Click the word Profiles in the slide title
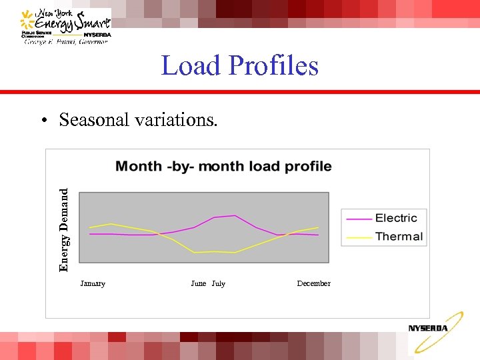coord(273,66)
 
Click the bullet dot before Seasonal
coord(43,121)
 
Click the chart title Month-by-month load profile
coord(223,166)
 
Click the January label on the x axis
coord(93,283)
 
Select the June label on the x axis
coord(199,283)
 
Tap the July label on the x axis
coord(219,283)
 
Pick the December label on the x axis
coord(313,283)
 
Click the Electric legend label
coord(396,218)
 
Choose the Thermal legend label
coord(399,237)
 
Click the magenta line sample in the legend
coord(359,219)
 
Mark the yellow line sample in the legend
coord(359,237)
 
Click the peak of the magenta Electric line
coord(234,215)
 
